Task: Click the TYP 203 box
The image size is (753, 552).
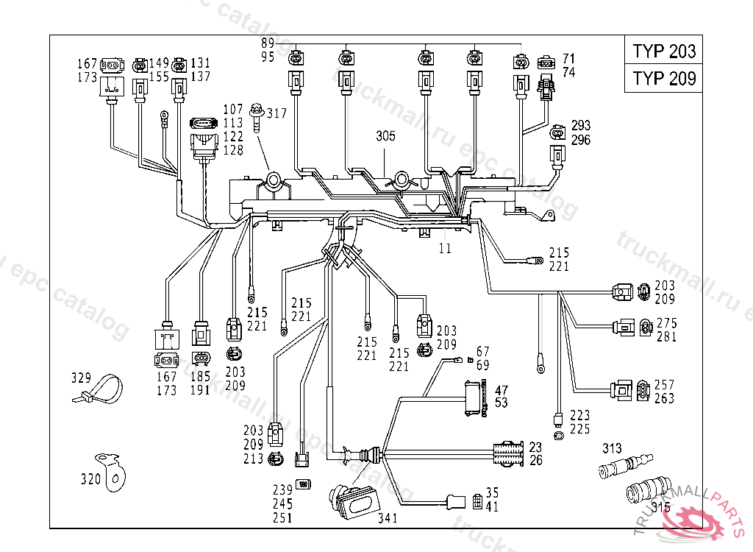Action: pyautogui.click(x=663, y=51)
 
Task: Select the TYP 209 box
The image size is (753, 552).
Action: pyautogui.click(x=663, y=78)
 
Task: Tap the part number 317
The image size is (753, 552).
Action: pyautogui.click(x=277, y=113)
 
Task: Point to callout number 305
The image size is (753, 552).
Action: pyautogui.click(x=385, y=136)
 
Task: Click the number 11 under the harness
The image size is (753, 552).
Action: pyautogui.click(x=446, y=249)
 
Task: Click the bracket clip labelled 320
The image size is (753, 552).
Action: pyautogui.click(x=113, y=471)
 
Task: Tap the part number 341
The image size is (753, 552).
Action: pyautogui.click(x=387, y=517)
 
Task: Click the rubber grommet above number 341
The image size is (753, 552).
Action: pyautogui.click(x=354, y=499)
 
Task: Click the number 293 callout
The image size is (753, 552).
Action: pyautogui.click(x=580, y=126)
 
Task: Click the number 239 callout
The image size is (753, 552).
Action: pyautogui.click(x=282, y=491)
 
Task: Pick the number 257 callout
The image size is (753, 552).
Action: pyautogui.click(x=665, y=385)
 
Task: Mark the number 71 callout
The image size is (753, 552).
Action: pyautogui.click(x=568, y=58)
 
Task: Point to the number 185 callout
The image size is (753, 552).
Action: pyautogui.click(x=200, y=376)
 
